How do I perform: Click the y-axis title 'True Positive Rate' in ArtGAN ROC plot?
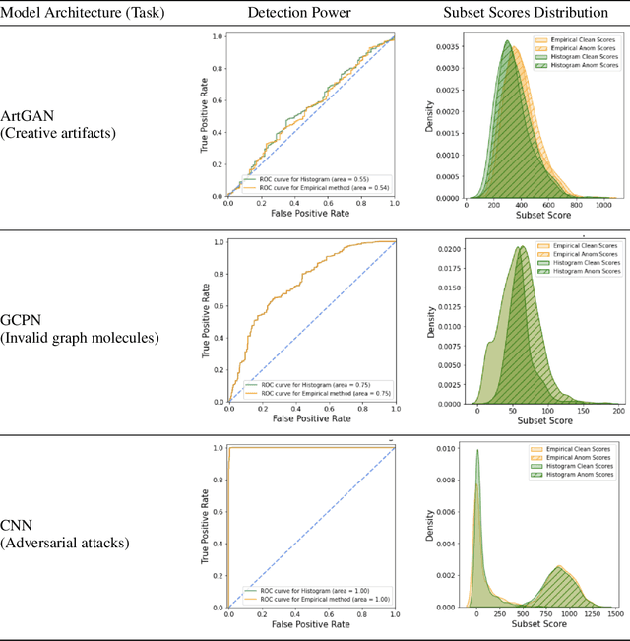206,114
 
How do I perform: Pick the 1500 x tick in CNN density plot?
617,613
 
